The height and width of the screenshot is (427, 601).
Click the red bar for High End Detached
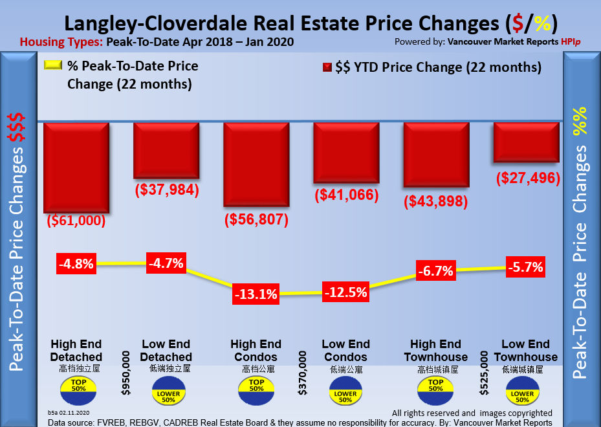pos(76,166)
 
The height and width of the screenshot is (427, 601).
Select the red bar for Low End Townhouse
pos(525,142)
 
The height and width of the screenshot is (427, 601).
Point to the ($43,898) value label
pos(435,201)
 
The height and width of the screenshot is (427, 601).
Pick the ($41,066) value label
pos(345,194)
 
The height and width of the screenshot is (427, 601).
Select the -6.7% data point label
pos(435,271)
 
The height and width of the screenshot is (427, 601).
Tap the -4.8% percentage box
pos(76,264)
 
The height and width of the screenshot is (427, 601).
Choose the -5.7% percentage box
pos(525,267)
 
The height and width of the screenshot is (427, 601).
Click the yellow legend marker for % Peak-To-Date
pos(52,65)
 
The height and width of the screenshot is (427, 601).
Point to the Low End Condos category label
pos(345,350)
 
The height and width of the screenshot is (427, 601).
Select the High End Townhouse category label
pos(435,350)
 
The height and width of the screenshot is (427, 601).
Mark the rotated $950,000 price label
pos(126,373)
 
